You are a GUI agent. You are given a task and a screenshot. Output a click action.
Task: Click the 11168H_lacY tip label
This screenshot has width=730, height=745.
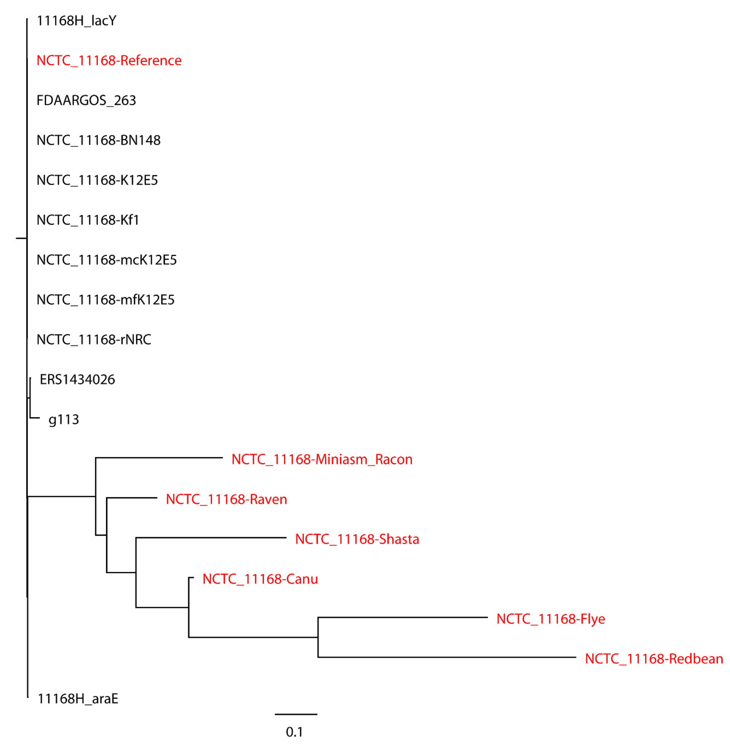[76, 21]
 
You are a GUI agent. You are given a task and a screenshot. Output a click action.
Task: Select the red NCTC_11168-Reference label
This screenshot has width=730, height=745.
[109, 60]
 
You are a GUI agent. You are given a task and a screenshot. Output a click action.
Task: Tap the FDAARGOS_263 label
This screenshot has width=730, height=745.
[86, 100]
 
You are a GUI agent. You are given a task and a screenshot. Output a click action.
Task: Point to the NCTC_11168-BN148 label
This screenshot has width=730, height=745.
[99, 140]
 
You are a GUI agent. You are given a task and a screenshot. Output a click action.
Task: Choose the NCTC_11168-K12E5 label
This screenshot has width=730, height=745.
[97, 180]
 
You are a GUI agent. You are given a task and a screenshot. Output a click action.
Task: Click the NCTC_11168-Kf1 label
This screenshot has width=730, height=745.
[88, 220]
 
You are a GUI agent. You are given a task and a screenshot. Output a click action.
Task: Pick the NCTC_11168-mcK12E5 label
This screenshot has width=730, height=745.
[107, 260]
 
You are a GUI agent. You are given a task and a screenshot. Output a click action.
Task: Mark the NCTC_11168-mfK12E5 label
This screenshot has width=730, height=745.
[105, 300]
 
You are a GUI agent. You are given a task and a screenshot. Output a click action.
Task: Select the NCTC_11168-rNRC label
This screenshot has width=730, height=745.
[94, 339]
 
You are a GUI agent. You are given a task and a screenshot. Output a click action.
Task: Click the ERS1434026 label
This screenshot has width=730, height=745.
[77, 379]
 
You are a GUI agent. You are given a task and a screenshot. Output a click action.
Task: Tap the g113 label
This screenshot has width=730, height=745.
[64, 420]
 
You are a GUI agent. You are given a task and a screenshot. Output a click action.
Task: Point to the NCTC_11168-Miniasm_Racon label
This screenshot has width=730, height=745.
[322, 459]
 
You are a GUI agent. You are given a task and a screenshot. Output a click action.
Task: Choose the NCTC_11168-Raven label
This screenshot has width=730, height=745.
[226, 499]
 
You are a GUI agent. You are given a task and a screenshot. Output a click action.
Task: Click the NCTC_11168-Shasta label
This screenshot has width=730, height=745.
[357, 539]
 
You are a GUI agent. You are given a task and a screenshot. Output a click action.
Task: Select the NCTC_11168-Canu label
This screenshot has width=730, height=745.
[260, 579]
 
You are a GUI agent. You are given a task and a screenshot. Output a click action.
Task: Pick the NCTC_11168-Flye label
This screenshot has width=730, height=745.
[551, 619]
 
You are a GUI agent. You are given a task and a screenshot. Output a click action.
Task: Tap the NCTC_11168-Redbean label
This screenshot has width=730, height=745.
[654, 659]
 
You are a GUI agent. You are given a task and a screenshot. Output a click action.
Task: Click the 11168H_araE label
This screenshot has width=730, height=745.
[78, 699]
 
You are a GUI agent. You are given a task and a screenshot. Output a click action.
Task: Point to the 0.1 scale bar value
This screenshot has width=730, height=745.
[294, 732]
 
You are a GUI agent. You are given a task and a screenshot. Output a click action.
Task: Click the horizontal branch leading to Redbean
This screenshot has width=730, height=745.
[447, 657]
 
